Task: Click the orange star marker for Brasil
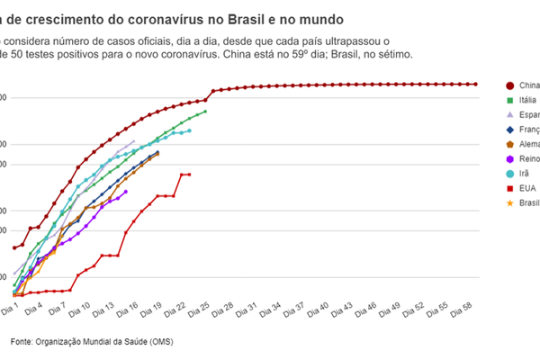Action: pyautogui.click(x=511, y=202)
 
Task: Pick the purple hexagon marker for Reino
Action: pyautogui.click(x=511, y=158)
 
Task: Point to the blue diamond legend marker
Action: pyautogui.click(x=511, y=130)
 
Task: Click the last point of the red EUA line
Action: pyautogui.click(x=189, y=175)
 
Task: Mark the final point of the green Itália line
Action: pyautogui.click(x=205, y=112)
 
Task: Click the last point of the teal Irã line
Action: pyautogui.click(x=189, y=130)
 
